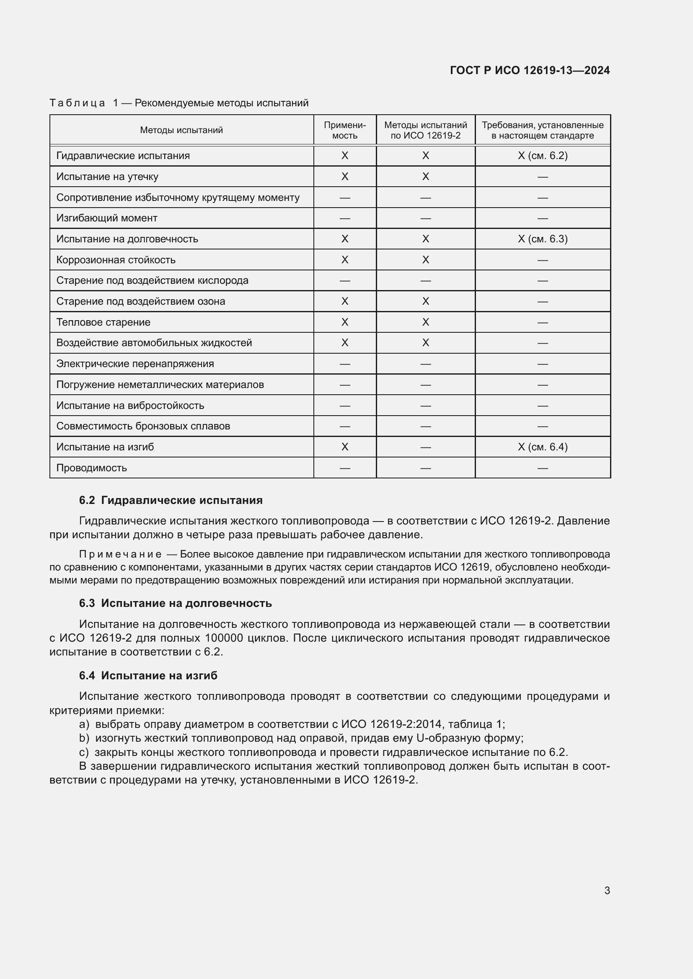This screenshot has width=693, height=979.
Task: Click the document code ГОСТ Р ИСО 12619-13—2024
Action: pyautogui.click(x=530, y=70)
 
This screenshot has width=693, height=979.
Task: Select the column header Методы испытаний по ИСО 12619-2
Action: pyautogui.click(x=425, y=130)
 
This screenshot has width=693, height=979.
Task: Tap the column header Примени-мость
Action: pyautogui.click(x=345, y=130)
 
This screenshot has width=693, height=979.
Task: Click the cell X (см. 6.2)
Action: pyautogui.click(x=542, y=156)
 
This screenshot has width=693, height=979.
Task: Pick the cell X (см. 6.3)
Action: pyautogui.click(x=542, y=239)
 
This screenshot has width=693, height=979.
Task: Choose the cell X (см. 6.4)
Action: pyautogui.click(x=542, y=447)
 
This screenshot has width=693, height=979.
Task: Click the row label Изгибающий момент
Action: pyautogui.click(x=107, y=218)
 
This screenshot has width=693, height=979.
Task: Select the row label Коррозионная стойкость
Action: pyautogui.click(x=116, y=260)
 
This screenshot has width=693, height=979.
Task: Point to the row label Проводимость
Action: pyautogui.click(x=91, y=468)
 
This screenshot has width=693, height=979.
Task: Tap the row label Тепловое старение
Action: pyautogui.click(x=103, y=322)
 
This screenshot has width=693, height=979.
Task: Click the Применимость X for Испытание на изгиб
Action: pyautogui.click(x=345, y=447)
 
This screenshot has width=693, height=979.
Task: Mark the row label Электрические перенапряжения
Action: pyautogui.click(x=135, y=364)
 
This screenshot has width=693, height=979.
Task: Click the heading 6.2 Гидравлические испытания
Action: pyautogui.click(x=171, y=500)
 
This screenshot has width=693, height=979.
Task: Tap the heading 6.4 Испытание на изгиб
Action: pyautogui.click(x=148, y=675)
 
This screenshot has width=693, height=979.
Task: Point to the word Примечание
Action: pyautogui.click(x=120, y=554)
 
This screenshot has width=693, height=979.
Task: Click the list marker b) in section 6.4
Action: pyautogui.click(x=84, y=737)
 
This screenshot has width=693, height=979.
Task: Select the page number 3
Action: pyautogui.click(x=607, y=890)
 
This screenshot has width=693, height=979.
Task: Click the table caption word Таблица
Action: pyautogui.click(x=77, y=103)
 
